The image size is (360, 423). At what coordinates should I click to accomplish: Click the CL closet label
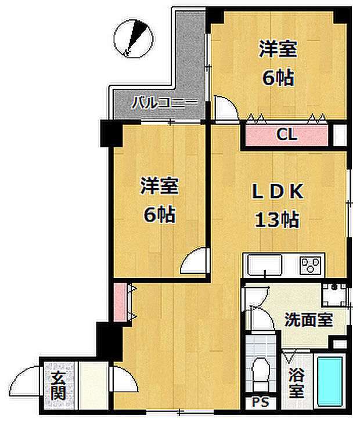287,135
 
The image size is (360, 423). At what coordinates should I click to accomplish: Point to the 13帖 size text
276,220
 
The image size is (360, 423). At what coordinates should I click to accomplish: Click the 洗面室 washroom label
308,319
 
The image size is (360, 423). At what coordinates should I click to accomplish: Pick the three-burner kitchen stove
312,266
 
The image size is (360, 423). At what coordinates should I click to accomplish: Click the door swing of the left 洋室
195,262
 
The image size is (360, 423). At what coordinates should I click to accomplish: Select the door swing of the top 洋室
225,109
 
